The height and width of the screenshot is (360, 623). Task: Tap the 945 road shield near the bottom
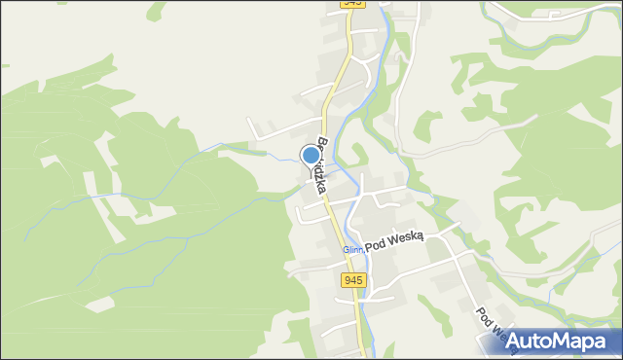[353, 280]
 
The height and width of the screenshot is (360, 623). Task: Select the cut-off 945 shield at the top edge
[352, 3]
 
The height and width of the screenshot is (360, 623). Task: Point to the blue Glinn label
[351, 250]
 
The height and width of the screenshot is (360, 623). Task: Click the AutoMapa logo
[555, 342]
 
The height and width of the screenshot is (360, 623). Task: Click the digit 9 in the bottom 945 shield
[348, 280]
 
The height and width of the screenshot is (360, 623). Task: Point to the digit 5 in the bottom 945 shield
[359, 280]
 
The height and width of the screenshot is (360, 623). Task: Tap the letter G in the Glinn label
[345, 250]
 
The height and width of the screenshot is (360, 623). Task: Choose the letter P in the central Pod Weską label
[368, 250]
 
